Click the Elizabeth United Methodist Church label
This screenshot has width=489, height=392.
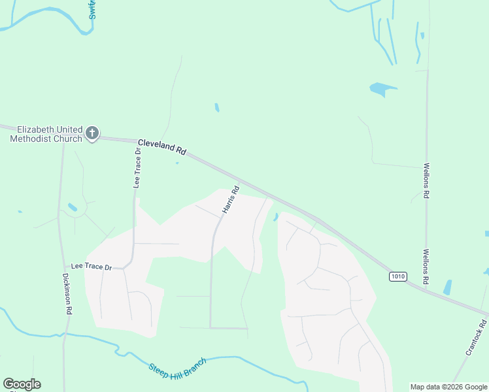[x=46, y=134]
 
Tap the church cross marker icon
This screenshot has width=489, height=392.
[x=92, y=133]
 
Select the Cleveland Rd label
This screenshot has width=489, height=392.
[x=161, y=146]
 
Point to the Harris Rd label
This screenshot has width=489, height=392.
[x=231, y=201]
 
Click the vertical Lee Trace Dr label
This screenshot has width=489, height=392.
[x=137, y=168]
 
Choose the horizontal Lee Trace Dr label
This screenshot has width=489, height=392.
[x=92, y=267]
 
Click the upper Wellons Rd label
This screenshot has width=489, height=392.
[x=426, y=180]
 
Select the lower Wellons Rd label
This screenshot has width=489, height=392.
[x=426, y=266]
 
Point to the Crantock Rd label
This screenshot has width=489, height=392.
[x=477, y=336]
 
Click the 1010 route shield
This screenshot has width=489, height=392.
[x=397, y=276]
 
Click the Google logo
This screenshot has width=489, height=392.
[x=22, y=384]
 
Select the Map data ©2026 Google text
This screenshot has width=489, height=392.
[x=448, y=387]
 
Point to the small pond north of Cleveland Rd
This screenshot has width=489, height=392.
[x=217, y=107]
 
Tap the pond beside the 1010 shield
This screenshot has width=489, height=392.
[x=448, y=287]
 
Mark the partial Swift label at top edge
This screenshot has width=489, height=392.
[x=92, y=9]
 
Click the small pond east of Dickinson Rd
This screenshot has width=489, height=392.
[x=73, y=208]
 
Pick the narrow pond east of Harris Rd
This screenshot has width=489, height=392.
[x=275, y=217]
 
